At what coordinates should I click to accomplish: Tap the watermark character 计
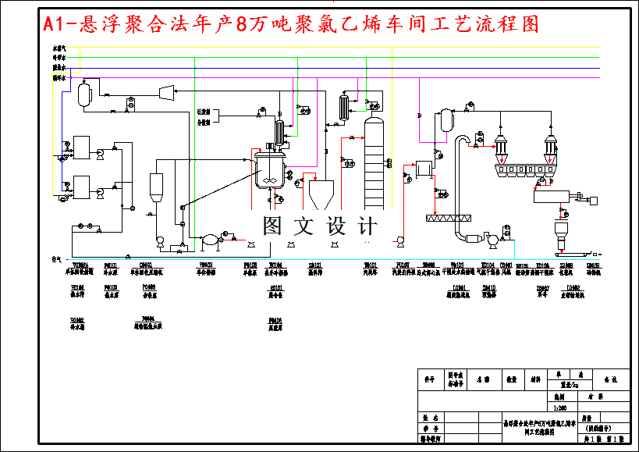coord(366,227)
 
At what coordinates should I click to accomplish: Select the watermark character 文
coord(301,227)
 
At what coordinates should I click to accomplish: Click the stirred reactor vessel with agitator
coord(268,169)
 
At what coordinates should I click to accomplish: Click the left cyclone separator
coord(500,146)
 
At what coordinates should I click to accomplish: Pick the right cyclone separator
coord(551,146)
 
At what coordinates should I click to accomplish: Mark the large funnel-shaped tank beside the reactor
coord(322,194)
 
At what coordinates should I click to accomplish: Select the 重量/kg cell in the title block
coord(570,385)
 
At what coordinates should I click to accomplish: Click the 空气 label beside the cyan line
coord(56,259)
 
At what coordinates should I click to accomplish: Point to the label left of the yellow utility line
coord(58,48)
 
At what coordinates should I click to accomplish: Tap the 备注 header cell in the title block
coord(609,379)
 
